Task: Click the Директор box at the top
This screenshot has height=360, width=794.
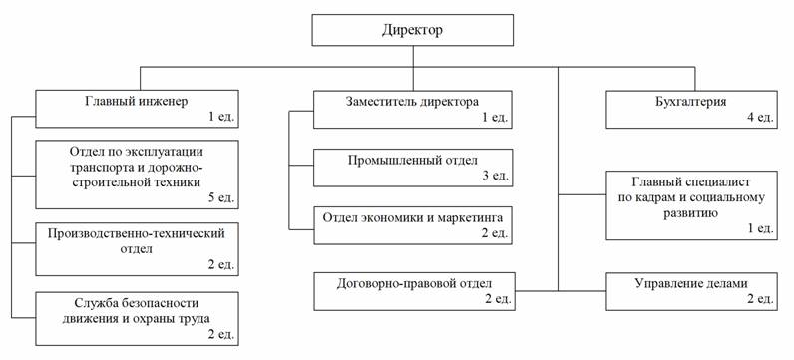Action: (x=412, y=30)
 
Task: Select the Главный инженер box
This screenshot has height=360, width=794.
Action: (x=137, y=109)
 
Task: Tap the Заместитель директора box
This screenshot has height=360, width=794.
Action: (x=413, y=109)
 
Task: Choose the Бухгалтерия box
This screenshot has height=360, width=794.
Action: (x=691, y=109)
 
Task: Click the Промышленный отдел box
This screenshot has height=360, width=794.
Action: (x=413, y=168)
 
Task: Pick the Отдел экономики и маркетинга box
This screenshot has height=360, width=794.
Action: (x=413, y=225)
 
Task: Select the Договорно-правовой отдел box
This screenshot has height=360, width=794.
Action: (x=414, y=291)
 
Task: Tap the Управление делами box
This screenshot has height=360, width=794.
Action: (x=691, y=291)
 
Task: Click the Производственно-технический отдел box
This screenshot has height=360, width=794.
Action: (x=137, y=249)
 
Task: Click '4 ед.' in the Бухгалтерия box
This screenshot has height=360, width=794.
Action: (x=757, y=117)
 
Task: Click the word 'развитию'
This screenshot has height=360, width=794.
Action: (x=690, y=213)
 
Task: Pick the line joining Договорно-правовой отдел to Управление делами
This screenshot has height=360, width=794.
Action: (x=560, y=291)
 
